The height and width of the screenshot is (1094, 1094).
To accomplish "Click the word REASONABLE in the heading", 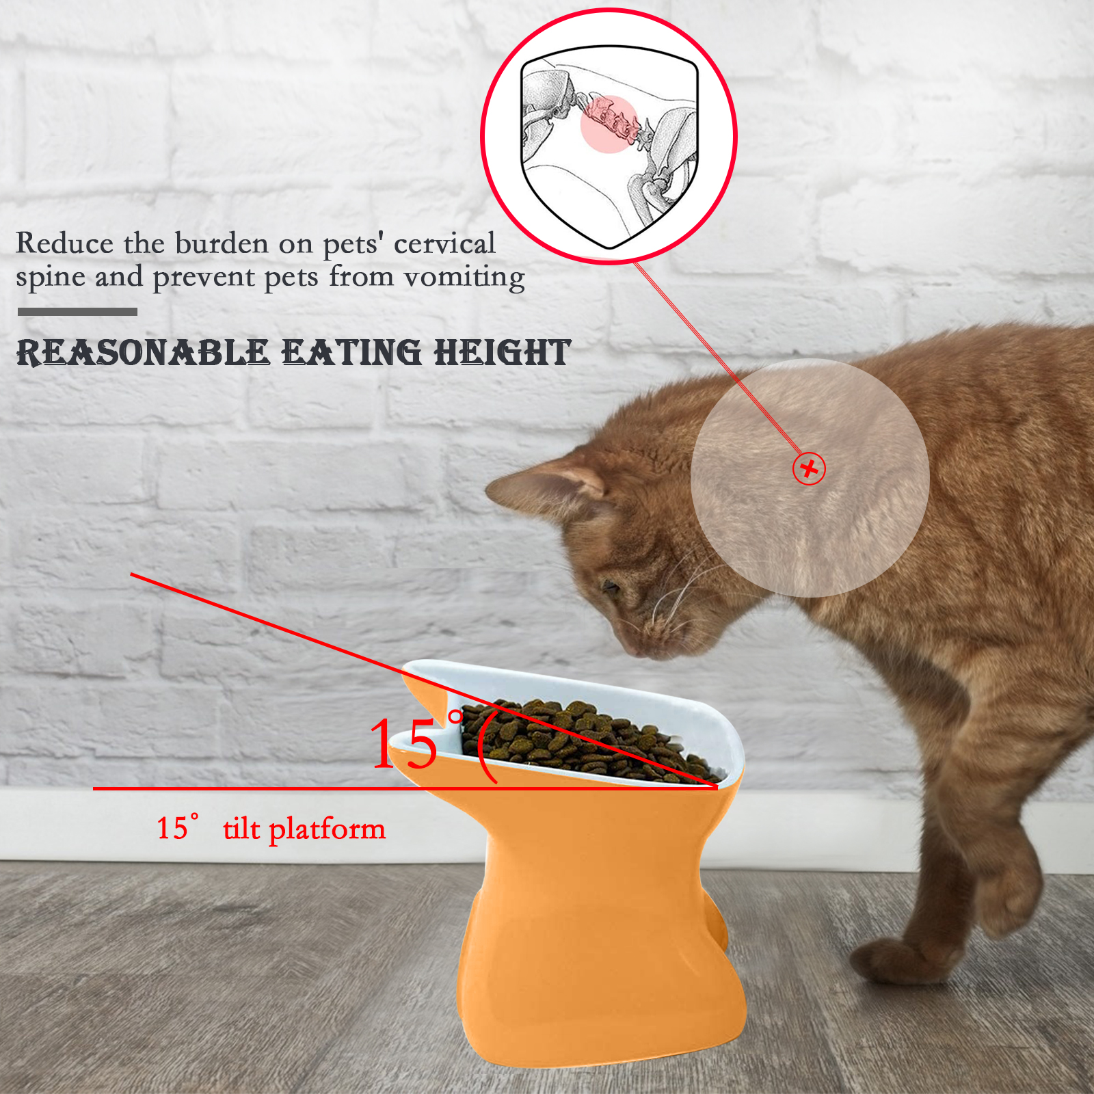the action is point(143,353).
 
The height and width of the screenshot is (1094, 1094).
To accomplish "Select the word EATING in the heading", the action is point(352,353).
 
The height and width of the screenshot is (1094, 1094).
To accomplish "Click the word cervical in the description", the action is point(444,243).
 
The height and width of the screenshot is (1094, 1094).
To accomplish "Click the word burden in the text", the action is point(222,243).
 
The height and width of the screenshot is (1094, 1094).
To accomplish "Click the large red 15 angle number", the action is point(403,743).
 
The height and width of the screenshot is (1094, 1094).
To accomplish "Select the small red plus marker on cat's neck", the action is point(809,469).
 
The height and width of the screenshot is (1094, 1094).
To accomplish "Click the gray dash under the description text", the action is point(77,312).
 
